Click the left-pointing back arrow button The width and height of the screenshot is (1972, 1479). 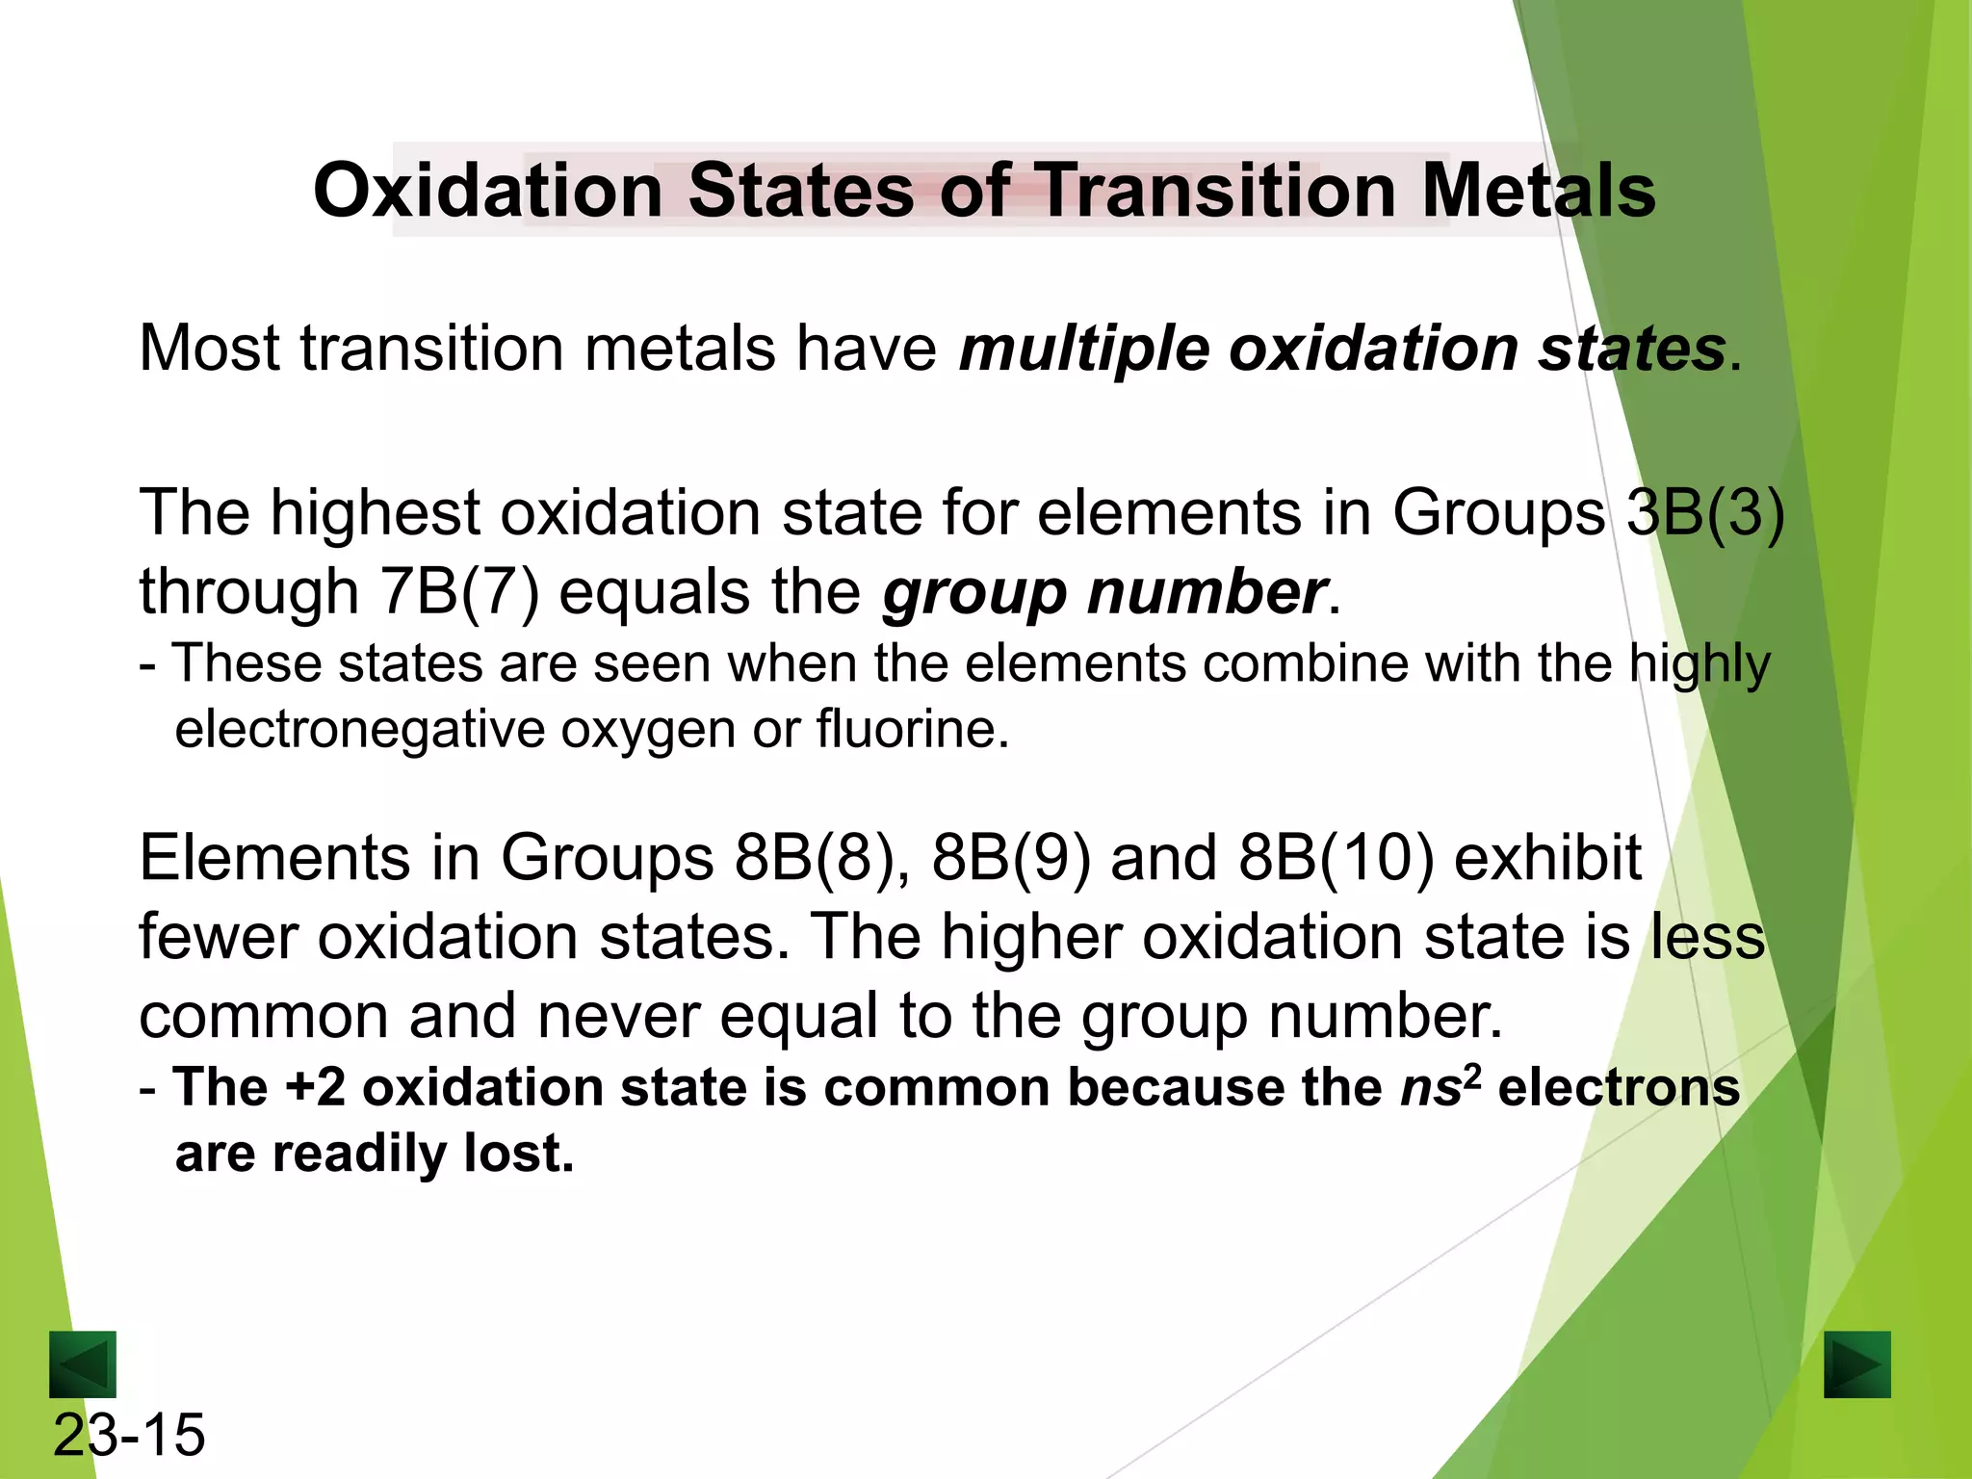tap(83, 1363)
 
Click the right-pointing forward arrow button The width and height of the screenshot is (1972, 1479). tap(1856, 1363)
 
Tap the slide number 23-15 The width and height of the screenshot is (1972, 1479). tap(129, 1435)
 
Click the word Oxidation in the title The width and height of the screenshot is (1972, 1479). tap(488, 191)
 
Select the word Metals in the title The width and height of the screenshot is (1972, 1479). tap(1538, 191)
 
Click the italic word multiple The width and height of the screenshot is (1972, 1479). tap(1084, 349)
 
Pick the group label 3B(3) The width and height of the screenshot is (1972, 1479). tap(1704, 512)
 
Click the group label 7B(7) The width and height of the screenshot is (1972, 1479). tap(459, 591)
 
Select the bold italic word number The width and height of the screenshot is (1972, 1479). tap(1207, 591)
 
